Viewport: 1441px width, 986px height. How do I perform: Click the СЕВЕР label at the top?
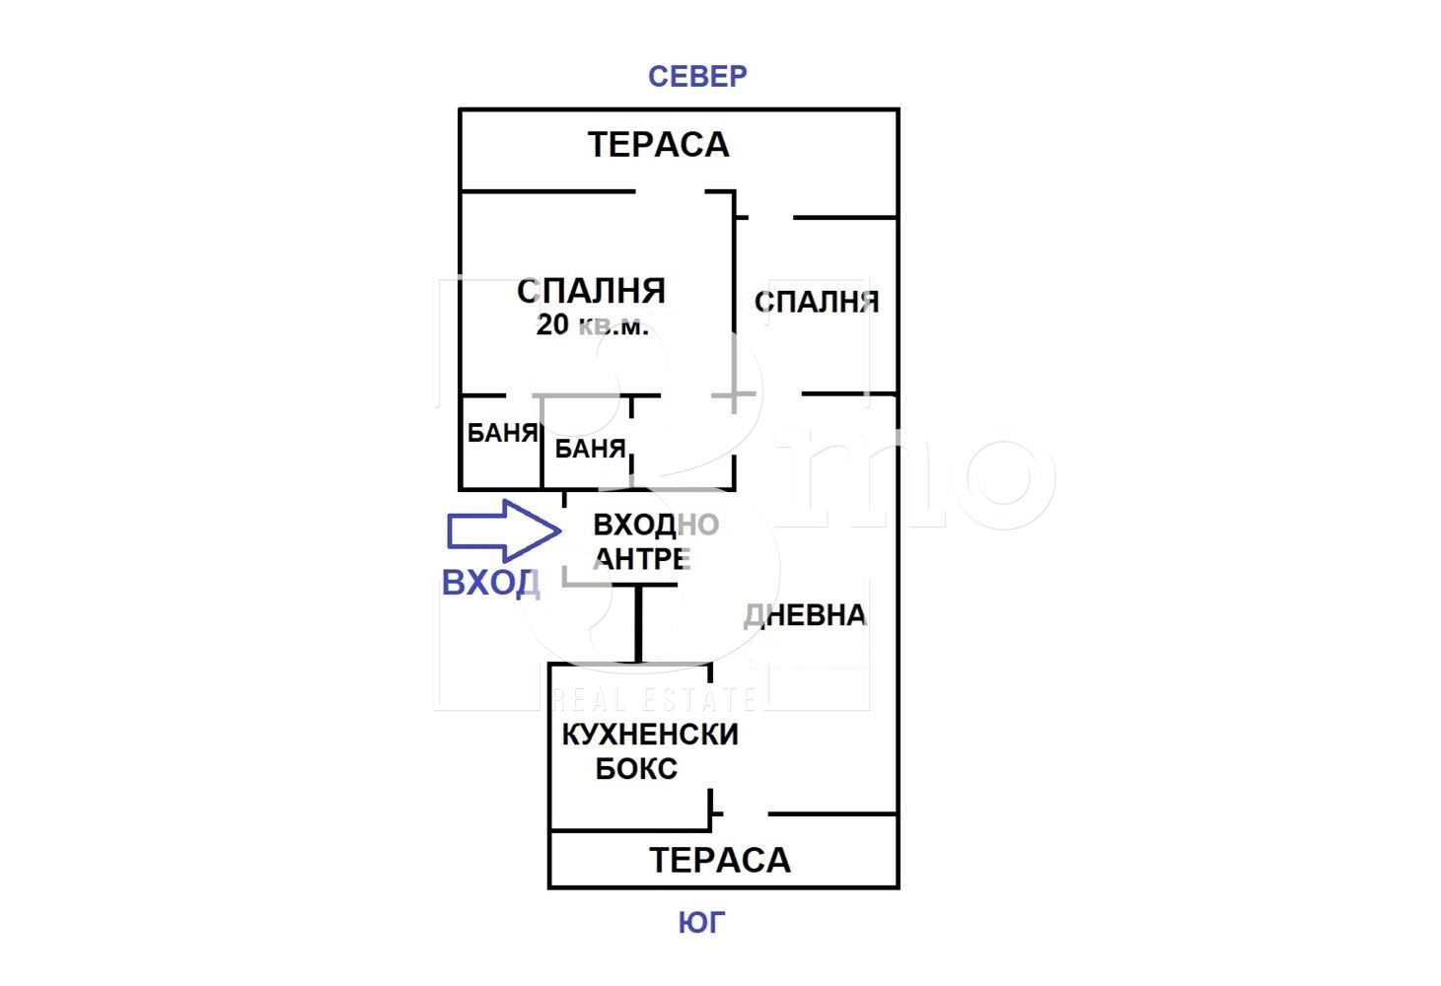[697, 76]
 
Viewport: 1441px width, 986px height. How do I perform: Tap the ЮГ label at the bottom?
[701, 923]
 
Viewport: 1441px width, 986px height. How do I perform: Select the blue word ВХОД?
[490, 583]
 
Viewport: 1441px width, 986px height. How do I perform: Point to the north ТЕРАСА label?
[658, 145]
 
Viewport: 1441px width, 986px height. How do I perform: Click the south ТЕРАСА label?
[720, 860]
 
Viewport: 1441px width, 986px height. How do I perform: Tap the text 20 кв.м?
[592, 325]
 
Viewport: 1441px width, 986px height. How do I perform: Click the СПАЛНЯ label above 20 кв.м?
[592, 291]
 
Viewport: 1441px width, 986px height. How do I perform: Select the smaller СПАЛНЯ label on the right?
[816, 302]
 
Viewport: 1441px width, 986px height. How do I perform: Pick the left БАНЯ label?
[502, 432]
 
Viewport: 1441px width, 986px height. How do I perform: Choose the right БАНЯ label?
[590, 450]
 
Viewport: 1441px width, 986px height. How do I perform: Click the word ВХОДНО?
[655, 525]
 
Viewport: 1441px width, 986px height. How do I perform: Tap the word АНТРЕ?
[642, 559]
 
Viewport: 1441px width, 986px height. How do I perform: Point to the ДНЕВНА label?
[805, 615]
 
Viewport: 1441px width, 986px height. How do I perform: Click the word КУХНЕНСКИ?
[649, 735]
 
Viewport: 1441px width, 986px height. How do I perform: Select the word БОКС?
[636, 768]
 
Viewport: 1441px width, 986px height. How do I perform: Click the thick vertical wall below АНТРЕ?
[639, 623]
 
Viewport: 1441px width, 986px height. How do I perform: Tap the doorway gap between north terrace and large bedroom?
[671, 191]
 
